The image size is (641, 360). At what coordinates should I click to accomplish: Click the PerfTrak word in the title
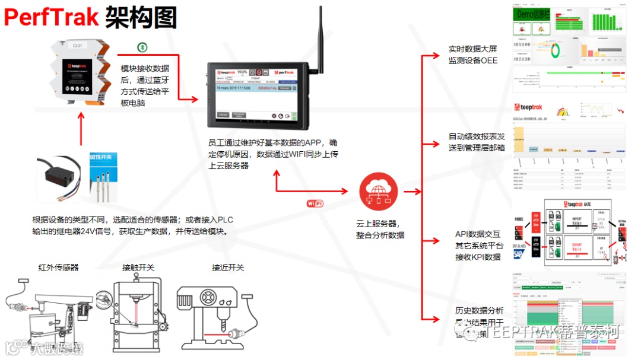pyautogui.click(x=52, y=17)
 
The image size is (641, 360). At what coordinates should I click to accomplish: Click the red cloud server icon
pyautogui.click(x=377, y=191)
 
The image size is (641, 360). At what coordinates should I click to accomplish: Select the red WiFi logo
pyautogui.click(x=315, y=203)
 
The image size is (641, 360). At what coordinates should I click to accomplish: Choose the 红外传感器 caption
pyautogui.click(x=58, y=268)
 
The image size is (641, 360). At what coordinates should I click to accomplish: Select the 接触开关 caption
pyautogui.click(x=138, y=268)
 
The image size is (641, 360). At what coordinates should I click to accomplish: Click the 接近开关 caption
pyautogui.click(x=228, y=268)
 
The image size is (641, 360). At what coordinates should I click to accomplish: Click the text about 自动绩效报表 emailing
pyautogui.click(x=477, y=142)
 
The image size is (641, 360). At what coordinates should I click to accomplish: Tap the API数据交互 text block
pyautogui.click(x=477, y=246)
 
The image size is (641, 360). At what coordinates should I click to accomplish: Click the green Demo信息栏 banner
pyautogui.click(x=534, y=14)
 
